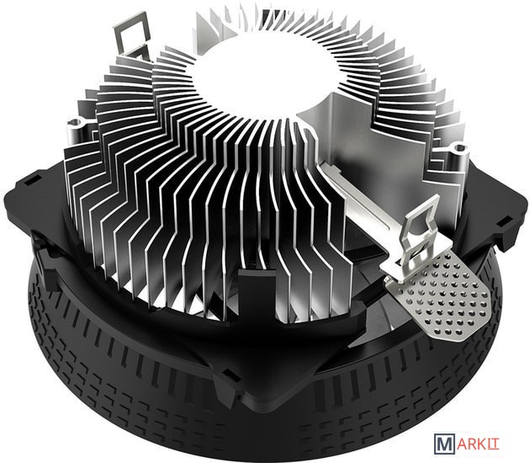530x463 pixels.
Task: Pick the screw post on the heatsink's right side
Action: pyautogui.click(x=457, y=153)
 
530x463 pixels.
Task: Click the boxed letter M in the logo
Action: pyautogui.click(x=444, y=444)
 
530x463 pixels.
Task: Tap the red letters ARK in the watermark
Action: pyautogui.click(x=471, y=444)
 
